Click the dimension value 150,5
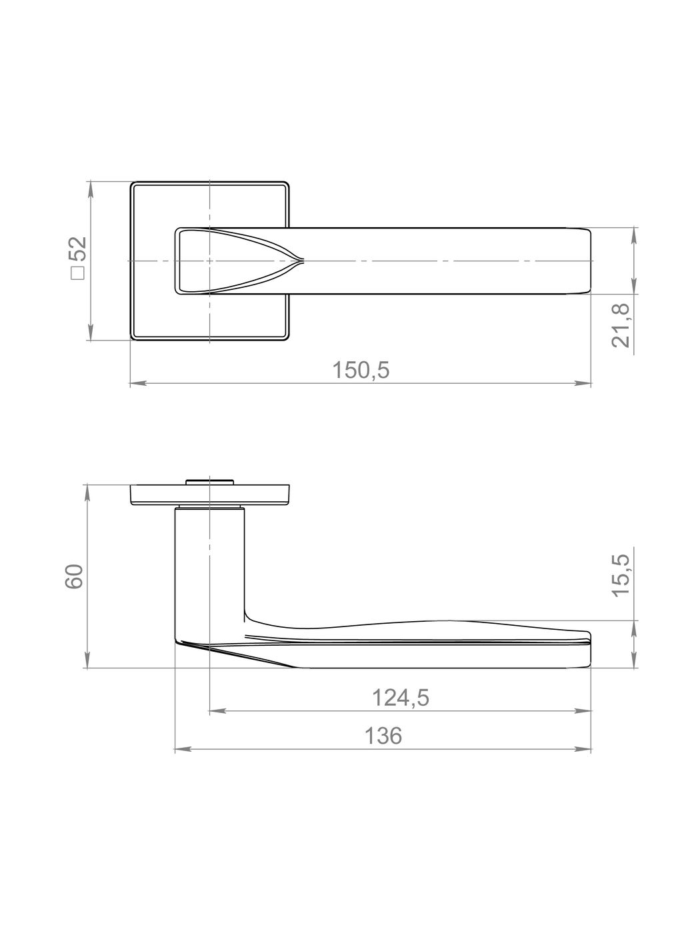click(361, 370)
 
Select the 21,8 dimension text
click(621, 326)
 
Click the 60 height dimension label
click(74, 576)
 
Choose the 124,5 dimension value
click(401, 698)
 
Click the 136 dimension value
click(383, 736)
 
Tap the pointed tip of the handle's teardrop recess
click(303, 260)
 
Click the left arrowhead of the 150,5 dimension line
click(138, 383)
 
